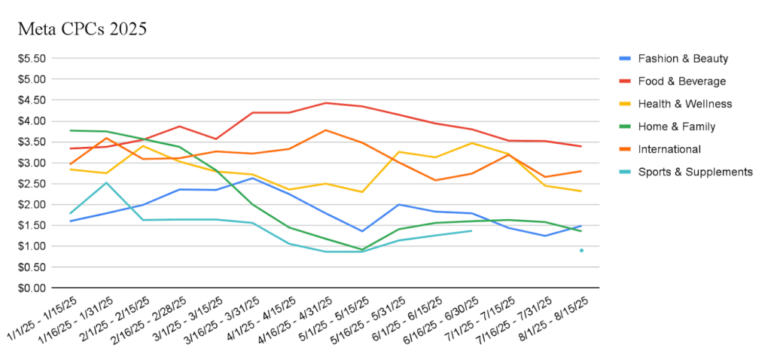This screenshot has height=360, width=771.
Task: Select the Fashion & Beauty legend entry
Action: pos(683,58)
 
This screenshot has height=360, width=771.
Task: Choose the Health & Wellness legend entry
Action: pos(684,103)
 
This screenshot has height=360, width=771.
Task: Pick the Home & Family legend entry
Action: pos(676,127)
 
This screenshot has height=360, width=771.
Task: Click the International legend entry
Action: pos(669,149)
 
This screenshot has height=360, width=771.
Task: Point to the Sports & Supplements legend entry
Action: pos(695,172)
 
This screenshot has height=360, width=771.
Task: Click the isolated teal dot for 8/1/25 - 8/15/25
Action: pos(581,250)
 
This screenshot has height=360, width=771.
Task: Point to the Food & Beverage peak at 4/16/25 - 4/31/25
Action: pos(325,103)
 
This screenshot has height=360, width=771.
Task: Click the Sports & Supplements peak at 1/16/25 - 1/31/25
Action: pos(106,182)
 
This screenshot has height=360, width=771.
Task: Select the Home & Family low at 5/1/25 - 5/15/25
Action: pos(362,249)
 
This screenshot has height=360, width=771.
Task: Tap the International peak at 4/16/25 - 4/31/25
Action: pos(325,130)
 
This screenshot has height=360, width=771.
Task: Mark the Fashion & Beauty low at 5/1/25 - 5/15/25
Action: pos(362,230)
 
